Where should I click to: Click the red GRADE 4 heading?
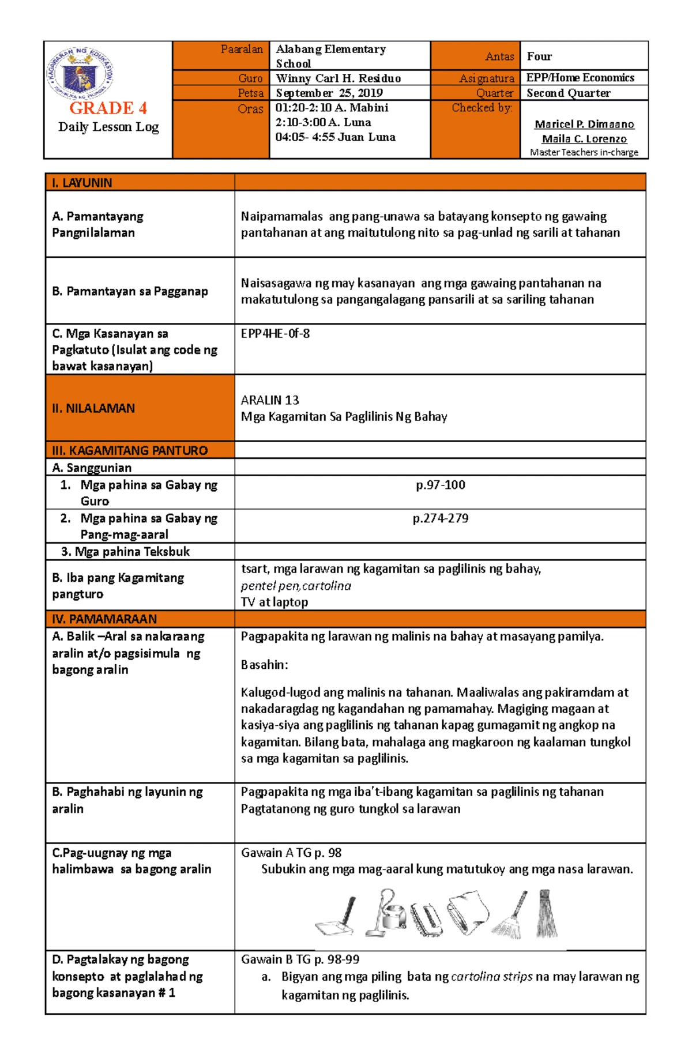(x=108, y=108)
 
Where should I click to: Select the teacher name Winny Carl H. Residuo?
(x=338, y=78)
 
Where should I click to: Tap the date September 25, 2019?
(x=329, y=93)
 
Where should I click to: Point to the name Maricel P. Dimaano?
(x=584, y=124)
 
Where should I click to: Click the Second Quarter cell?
(x=568, y=93)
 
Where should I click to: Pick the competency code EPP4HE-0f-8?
(x=275, y=333)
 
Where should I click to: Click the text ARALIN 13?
(x=270, y=400)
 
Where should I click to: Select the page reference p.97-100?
(x=441, y=485)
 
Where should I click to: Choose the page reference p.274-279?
(x=441, y=518)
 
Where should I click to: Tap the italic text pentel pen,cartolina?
(x=296, y=586)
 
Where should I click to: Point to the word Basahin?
(x=264, y=665)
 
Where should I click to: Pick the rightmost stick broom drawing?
(x=546, y=914)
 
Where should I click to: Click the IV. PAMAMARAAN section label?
(x=104, y=619)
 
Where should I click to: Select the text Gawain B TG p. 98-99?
(x=300, y=959)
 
